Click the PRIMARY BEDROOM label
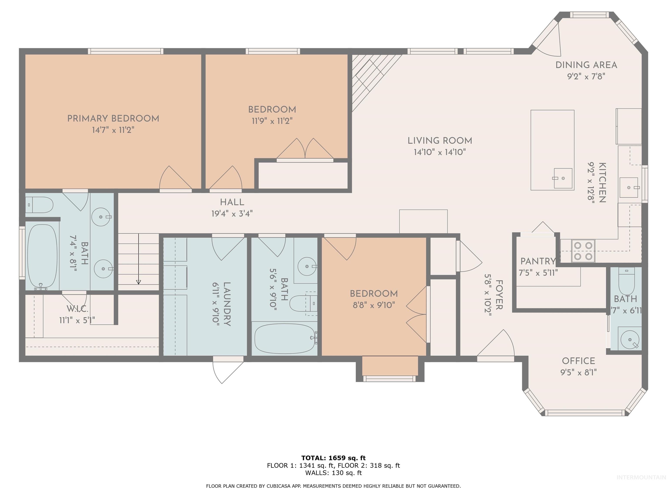coord(113,118)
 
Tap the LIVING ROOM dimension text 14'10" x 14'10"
coord(440,152)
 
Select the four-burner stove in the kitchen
coord(583,251)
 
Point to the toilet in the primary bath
coord(39,205)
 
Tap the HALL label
coord(232,202)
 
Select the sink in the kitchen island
coord(563,178)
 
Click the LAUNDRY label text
coord(227,304)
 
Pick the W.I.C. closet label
coord(77,309)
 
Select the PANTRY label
coord(538,261)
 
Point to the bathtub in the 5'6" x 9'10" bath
coord(284,338)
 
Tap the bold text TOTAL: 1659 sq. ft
coord(333,458)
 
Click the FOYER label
coord(499,294)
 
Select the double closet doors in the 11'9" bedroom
coord(305,149)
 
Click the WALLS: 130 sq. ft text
coord(333,473)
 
